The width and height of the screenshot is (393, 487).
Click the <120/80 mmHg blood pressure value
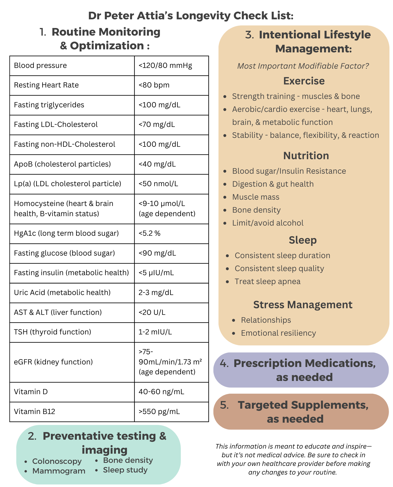click(165, 66)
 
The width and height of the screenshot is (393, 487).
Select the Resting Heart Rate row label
click(46, 85)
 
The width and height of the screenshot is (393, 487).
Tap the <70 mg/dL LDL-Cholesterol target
click(157, 124)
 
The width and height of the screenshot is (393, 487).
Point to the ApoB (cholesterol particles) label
click(62, 164)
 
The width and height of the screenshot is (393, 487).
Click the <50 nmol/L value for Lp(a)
click(158, 184)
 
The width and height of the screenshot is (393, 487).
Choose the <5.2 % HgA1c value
click(150, 233)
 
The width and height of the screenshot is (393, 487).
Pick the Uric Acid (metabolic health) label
click(62, 292)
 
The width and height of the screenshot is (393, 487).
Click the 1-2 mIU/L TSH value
click(155, 332)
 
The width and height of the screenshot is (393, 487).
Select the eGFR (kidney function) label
click(53, 362)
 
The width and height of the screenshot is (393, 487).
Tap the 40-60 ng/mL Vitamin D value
click(161, 392)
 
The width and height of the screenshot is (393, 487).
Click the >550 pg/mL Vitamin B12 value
click(159, 411)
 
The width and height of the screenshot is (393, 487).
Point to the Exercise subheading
click(304, 81)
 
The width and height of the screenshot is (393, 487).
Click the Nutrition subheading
click(306, 156)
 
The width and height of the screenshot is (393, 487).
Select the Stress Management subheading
click(303, 305)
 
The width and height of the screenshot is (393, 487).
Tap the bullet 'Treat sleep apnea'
click(267, 282)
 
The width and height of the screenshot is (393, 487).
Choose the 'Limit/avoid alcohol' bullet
click(268, 223)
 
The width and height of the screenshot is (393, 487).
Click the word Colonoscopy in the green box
click(57, 461)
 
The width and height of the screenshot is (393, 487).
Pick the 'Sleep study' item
click(125, 470)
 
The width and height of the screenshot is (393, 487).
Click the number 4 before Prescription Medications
click(224, 363)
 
